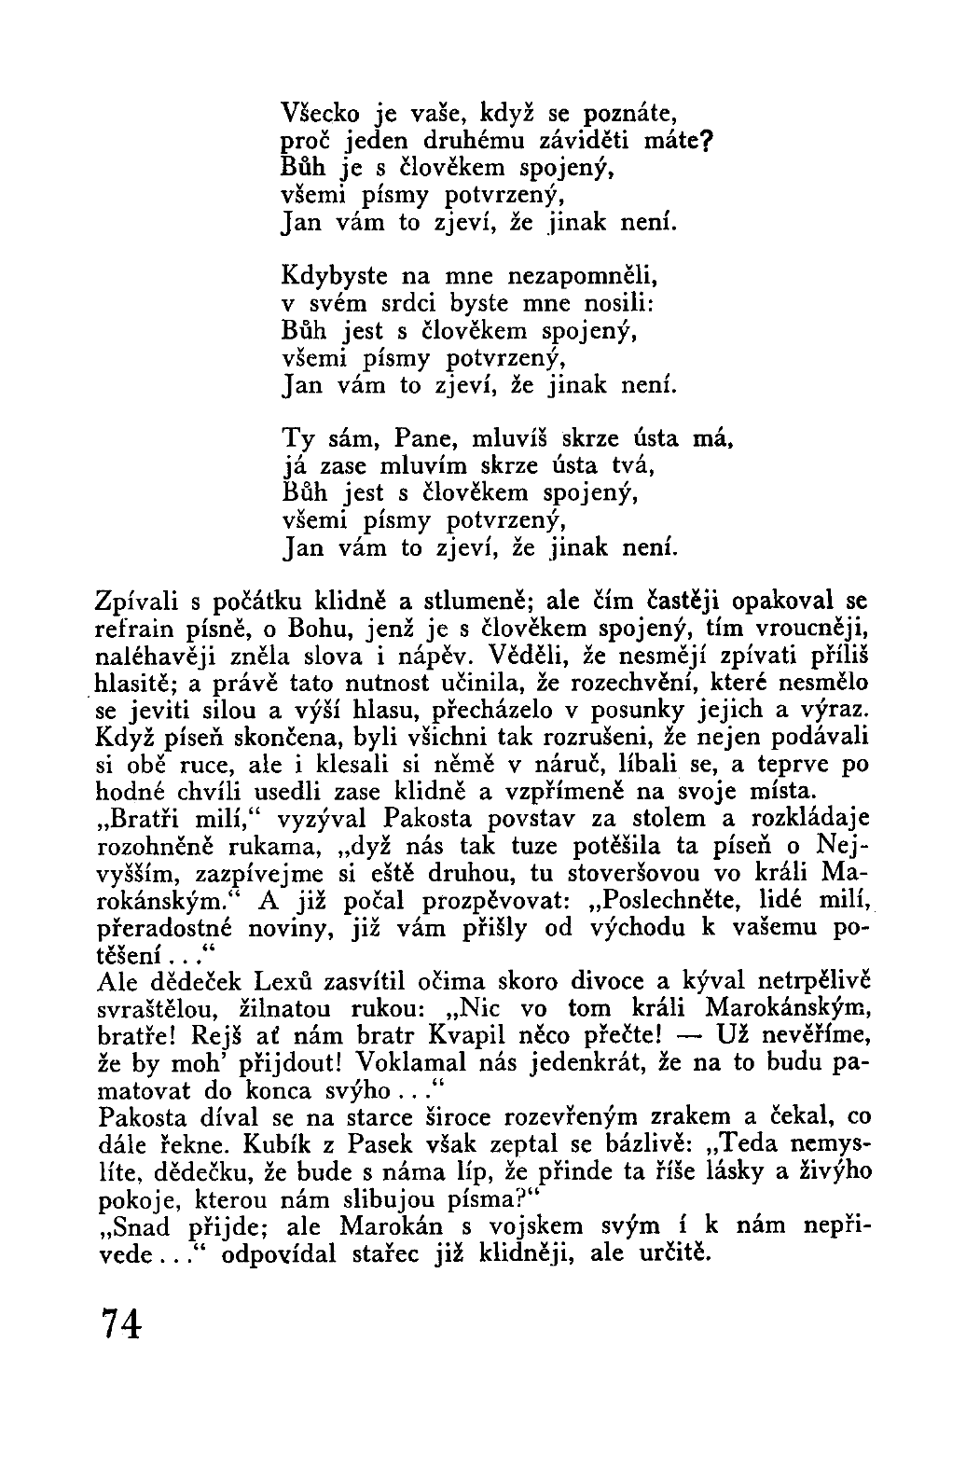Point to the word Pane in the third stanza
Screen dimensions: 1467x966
coord(424,437)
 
